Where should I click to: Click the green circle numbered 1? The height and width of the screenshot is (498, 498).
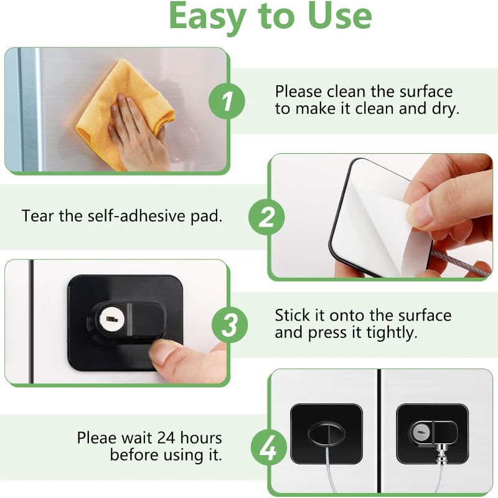pos(227,101)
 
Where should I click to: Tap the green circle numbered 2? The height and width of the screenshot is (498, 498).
pos(266,217)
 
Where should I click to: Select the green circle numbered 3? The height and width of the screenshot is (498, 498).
pos(230,324)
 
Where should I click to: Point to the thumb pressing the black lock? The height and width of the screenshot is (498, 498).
pos(167,359)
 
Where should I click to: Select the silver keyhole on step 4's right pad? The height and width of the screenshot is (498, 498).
pos(421,432)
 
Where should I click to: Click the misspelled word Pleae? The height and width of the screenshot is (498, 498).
pos(97,438)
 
